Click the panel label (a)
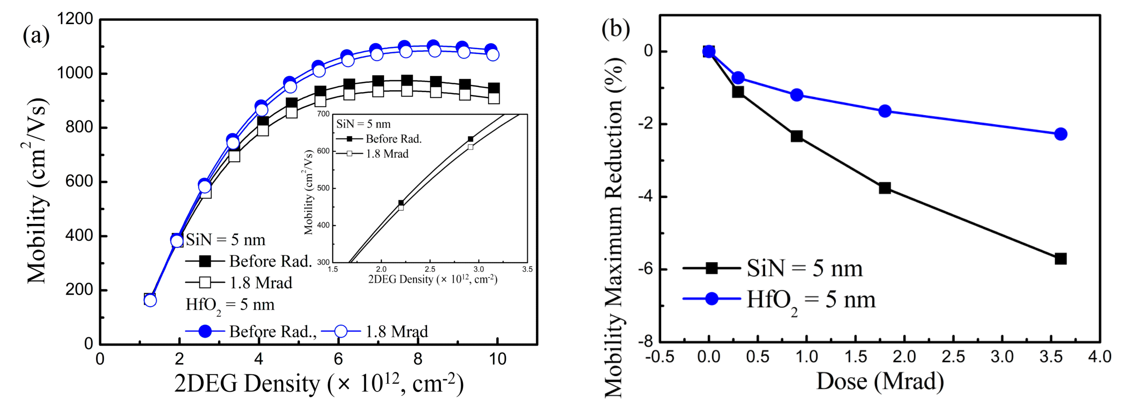[x=36, y=35]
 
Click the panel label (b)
[x=615, y=29]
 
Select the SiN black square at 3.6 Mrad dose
[x=1060, y=258]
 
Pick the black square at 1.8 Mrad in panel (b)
[x=885, y=188]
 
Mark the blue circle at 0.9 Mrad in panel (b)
[x=797, y=95]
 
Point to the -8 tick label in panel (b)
[x=645, y=342]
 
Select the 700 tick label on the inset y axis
[x=323, y=114]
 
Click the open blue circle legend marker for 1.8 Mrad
[x=341, y=331]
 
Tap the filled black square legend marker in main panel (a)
[x=205, y=261]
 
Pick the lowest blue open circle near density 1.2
[x=150, y=300]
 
